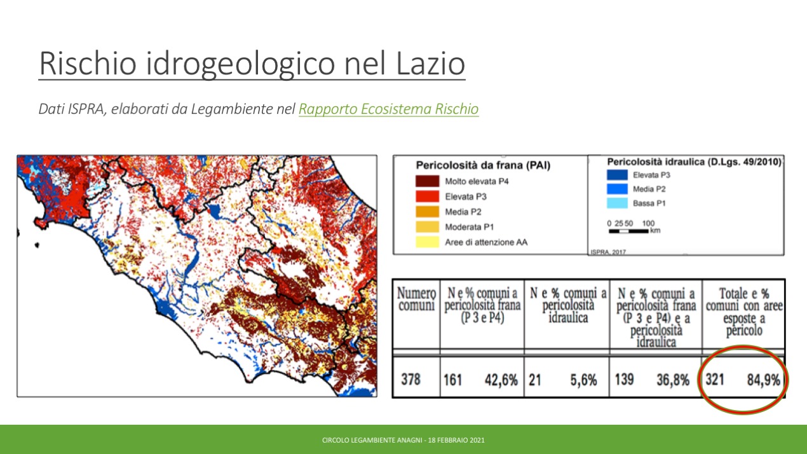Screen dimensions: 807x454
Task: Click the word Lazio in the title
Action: click(x=431, y=64)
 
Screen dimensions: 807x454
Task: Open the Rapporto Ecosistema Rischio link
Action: click(x=388, y=109)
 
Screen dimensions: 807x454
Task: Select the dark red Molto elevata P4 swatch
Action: click(x=427, y=181)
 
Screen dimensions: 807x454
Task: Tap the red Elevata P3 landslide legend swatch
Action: click(x=427, y=196)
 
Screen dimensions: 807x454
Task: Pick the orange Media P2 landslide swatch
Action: click(x=427, y=211)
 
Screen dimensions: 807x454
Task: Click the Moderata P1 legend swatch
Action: click(x=427, y=226)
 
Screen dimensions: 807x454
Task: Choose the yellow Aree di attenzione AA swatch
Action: click(x=427, y=242)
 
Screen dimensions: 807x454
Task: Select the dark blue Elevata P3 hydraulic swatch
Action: click(x=617, y=175)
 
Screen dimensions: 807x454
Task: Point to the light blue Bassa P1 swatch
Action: click(x=617, y=203)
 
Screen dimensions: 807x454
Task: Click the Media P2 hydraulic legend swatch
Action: click(x=617, y=189)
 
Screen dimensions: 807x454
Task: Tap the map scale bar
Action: click(x=628, y=231)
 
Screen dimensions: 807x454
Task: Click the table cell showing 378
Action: click(x=410, y=380)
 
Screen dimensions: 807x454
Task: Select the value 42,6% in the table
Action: click(x=501, y=380)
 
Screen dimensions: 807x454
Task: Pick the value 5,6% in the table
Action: click(x=583, y=380)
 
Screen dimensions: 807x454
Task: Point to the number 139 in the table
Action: click(x=624, y=380)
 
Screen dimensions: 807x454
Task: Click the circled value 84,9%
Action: click(x=763, y=380)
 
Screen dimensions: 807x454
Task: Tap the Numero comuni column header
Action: click(x=416, y=299)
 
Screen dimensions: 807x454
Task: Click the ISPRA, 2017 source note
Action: click(x=607, y=252)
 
